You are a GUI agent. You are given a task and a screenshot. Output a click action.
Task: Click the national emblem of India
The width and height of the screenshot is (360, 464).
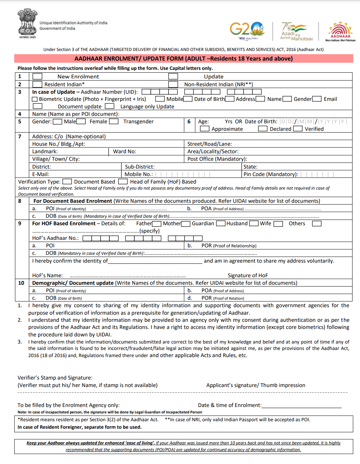click(x=27, y=23)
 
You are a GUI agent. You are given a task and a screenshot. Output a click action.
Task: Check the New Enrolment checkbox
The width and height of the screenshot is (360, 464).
click(x=37, y=77)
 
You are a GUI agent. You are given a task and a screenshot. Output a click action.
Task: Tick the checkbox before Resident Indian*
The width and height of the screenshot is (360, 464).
click(x=37, y=84)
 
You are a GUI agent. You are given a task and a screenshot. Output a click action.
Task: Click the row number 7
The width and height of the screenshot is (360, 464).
click(x=20, y=136)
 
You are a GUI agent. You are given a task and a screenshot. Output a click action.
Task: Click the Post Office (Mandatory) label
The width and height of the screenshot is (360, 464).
click(x=217, y=159)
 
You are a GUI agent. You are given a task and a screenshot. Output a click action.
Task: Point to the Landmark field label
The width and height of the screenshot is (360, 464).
click(x=45, y=151)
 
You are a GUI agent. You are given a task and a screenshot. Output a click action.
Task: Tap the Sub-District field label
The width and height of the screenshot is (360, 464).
click(x=140, y=167)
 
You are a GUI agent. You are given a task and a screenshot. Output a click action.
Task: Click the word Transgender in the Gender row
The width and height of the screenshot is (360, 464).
click(x=138, y=122)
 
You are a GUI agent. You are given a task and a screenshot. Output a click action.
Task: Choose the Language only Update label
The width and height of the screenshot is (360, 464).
click(x=147, y=107)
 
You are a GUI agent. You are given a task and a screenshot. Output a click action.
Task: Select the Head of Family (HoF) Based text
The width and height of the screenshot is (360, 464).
click(x=163, y=182)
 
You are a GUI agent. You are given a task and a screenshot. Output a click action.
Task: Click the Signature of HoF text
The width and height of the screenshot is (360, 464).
click(x=248, y=275)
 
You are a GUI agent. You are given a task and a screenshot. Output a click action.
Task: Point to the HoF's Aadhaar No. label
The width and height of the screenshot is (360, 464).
click(x=55, y=238)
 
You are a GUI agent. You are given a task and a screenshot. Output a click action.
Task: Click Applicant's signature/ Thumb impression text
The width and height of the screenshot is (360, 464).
click(x=256, y=385)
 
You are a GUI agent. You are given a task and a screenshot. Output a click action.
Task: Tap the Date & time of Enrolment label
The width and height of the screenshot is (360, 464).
click(x=230, y=405)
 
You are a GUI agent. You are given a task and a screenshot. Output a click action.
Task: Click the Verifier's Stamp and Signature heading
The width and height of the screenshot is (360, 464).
click(x=55, y=378)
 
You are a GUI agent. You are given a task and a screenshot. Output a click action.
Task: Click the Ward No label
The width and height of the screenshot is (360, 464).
click(x=124, y=151)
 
